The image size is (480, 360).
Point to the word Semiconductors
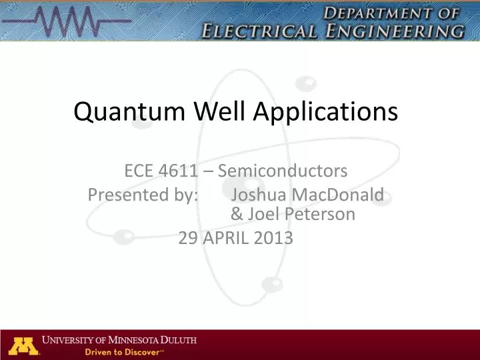(283, 172)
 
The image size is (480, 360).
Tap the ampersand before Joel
(237, 215)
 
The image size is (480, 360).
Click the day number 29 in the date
(187, 238)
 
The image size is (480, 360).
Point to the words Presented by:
(143, 195)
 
